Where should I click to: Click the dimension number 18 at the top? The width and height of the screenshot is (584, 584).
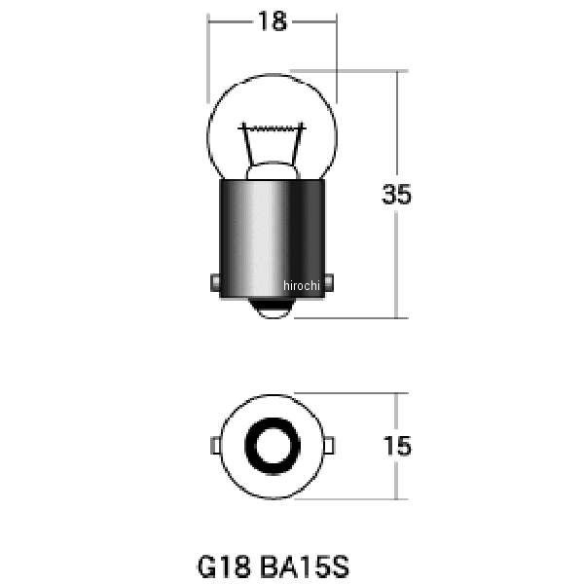coord(273,21)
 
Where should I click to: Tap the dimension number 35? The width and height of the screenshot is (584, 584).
coord(397,194)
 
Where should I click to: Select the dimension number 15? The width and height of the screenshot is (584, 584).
coord(397,446)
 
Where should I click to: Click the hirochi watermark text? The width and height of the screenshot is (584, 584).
coord(302,285)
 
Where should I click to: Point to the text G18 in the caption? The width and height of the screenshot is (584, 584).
coord(223,566)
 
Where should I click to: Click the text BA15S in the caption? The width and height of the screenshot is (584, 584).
coord(304,566)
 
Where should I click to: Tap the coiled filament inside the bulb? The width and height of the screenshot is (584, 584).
coord(273,128)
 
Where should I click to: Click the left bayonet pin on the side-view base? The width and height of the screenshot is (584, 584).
coord(215,282)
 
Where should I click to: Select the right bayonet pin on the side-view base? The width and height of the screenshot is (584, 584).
coord(329,282)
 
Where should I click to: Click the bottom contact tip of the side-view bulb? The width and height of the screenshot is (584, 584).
coord(273,310)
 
